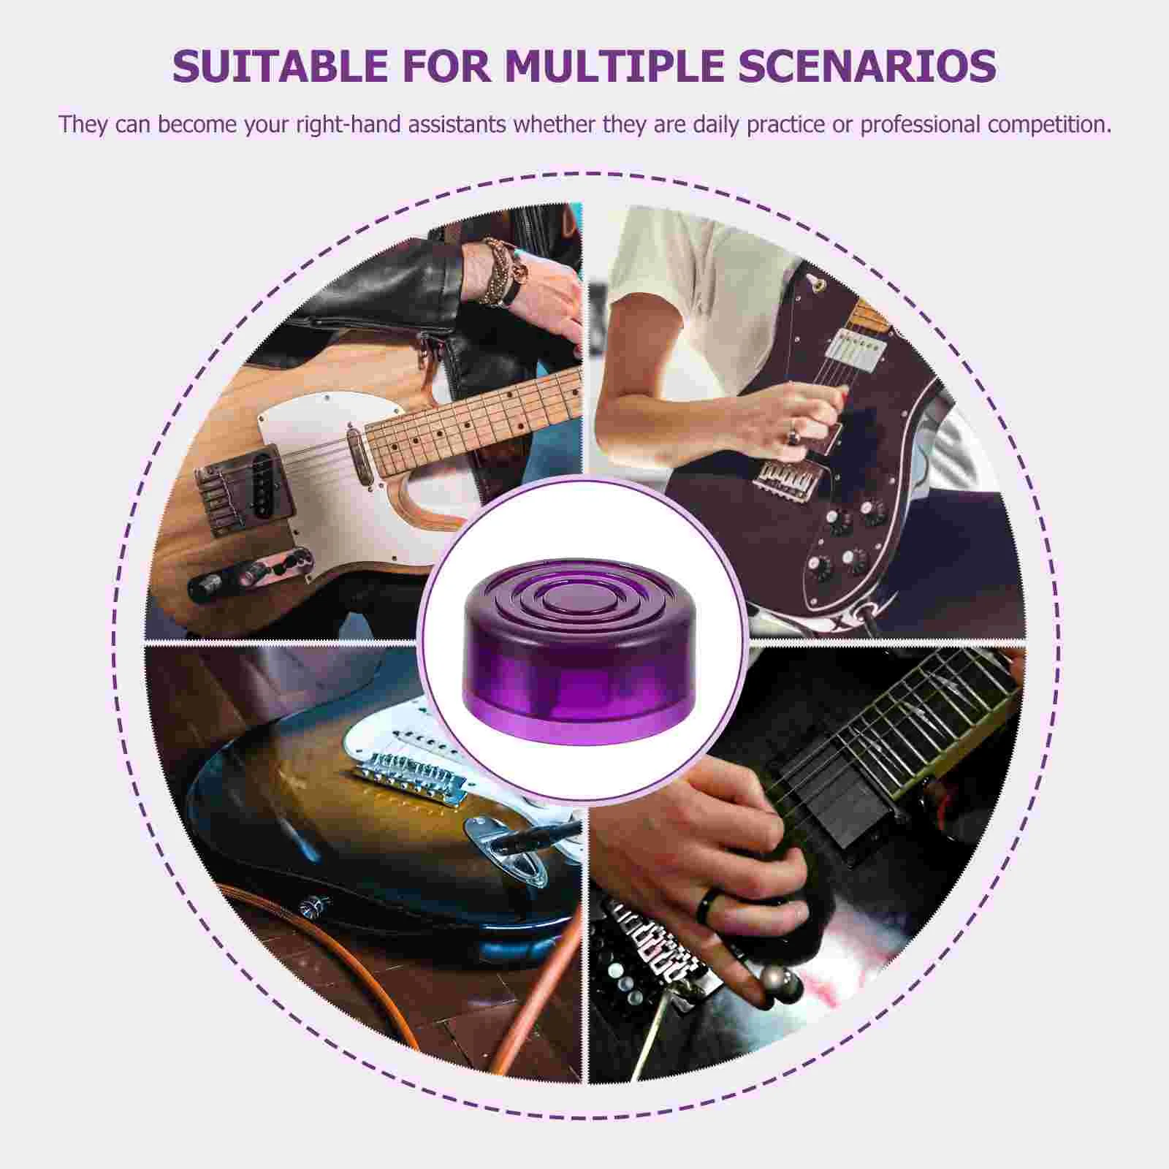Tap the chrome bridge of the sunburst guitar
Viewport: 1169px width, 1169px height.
click(x=409, y=775)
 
